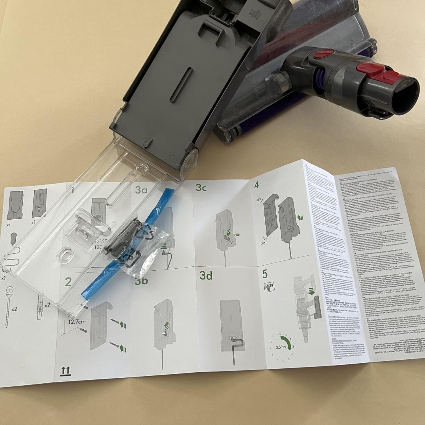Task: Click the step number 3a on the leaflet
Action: click(x=141, y=190)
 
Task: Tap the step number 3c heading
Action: click(x=201, y=188)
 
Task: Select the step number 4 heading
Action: click(x=257, y=185)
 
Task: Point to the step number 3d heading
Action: click(x=206, y=276)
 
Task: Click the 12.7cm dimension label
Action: click(x=77, y=322)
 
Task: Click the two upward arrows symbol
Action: click(x=65, y=370)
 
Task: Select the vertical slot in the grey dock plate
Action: click(x=181, y=85)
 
